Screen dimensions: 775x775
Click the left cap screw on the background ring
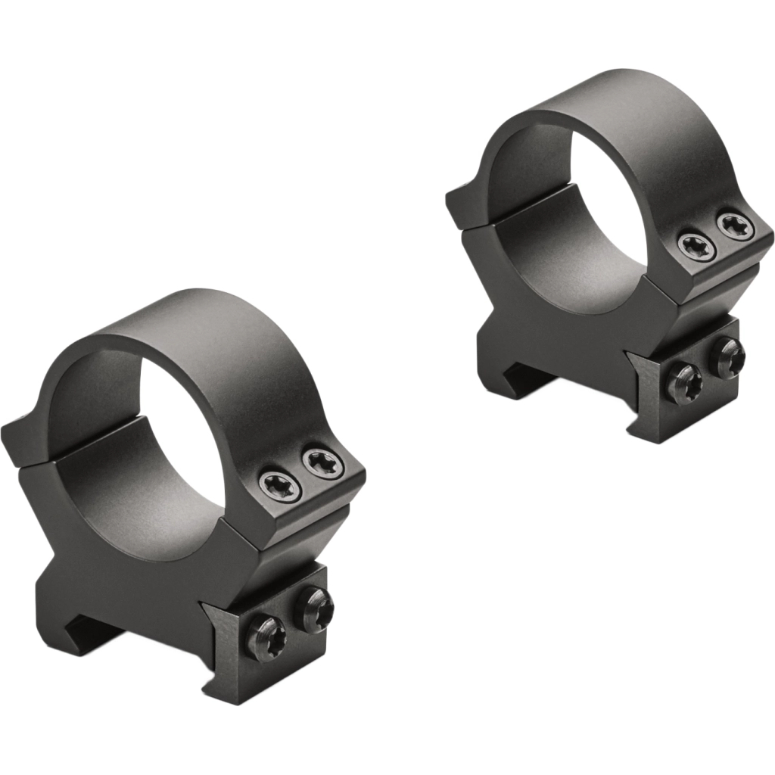click(x=692, y=243)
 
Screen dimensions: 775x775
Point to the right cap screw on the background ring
click(x=732, y=225)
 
